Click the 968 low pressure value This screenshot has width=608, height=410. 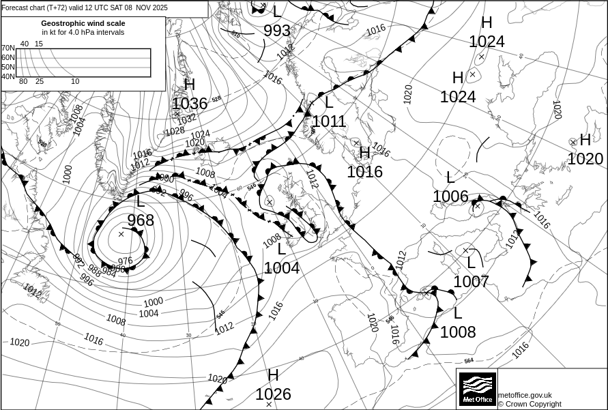141,220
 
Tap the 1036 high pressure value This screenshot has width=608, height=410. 189,104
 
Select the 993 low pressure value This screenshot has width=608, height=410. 277,31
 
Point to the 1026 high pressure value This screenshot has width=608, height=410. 273,394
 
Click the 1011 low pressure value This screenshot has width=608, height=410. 329,122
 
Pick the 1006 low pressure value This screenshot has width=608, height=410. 450,196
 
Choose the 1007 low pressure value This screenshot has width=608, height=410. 471,281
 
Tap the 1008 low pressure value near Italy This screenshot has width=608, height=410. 458,332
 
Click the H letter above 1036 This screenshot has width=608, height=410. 190,85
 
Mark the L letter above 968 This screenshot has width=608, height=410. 141,201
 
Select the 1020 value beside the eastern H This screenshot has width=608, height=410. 585,159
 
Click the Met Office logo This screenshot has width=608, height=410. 476,389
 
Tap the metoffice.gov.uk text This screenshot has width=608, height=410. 525,395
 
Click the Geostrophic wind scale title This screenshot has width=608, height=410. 83,23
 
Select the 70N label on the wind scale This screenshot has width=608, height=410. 8,48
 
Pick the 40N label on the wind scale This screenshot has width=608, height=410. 8,76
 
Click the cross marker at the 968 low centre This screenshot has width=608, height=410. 121,234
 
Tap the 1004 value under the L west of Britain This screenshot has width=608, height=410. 282,268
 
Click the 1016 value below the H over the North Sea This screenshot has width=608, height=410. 364,171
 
